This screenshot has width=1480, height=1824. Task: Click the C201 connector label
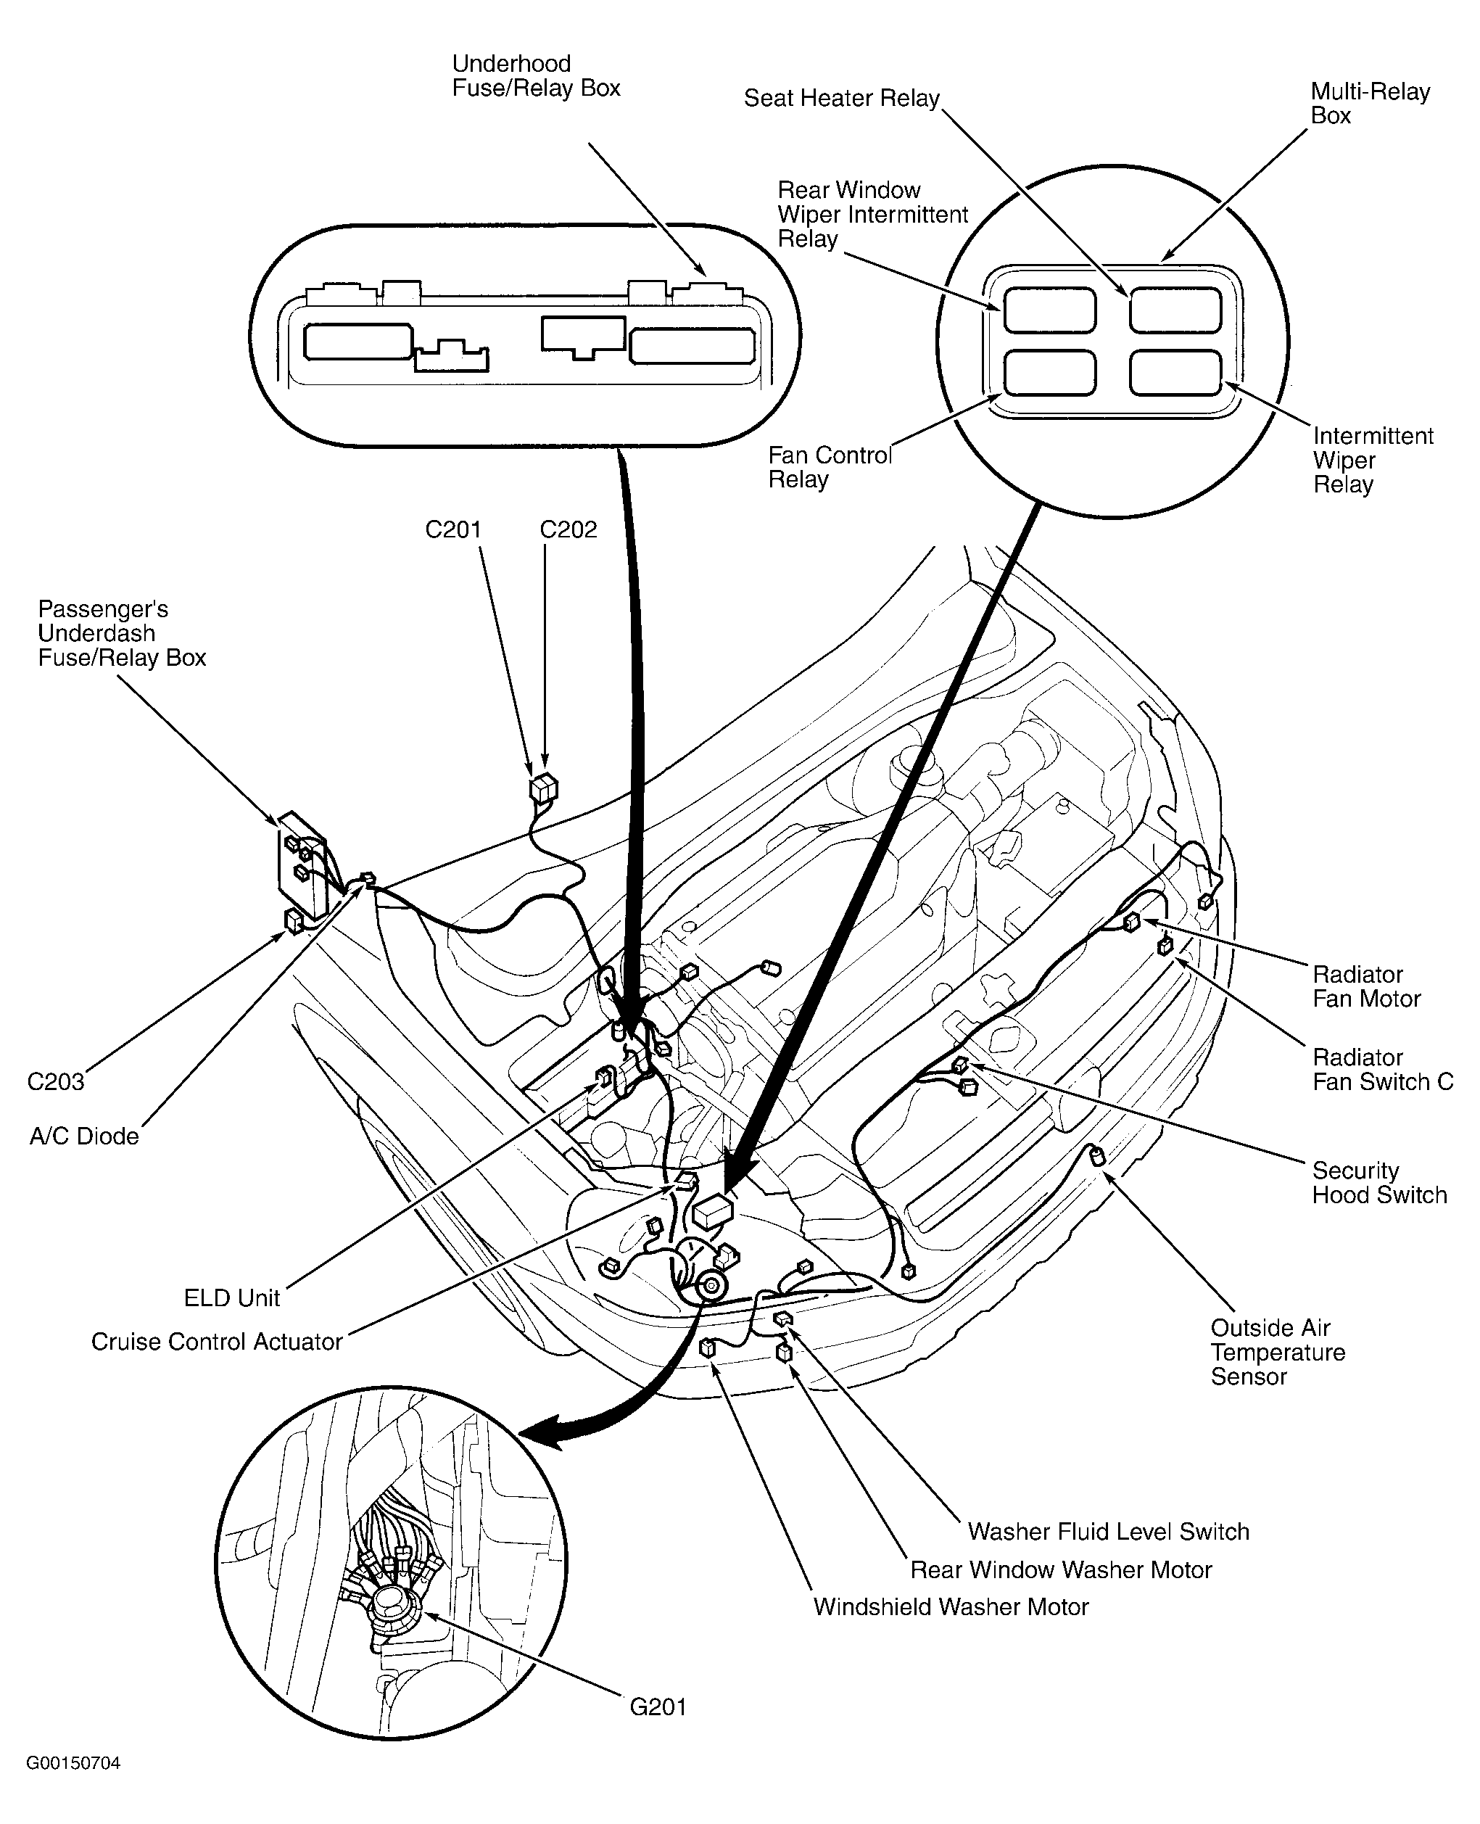(x=452, y=529)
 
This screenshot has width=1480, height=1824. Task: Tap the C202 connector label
(x=568, y=529)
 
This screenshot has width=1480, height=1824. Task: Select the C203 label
(x=55, y=1082)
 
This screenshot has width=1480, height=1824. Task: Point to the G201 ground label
(x=657, y=1707)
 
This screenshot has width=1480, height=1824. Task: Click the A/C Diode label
(x=83, y=1136)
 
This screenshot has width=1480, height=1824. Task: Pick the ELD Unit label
(x=232, y=1298)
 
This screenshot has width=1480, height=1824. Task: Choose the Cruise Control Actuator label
(x=217, y=1342)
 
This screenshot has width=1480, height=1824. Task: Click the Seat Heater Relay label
(x=840, y=98)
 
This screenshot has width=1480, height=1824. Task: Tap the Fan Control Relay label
(x=829, y=467)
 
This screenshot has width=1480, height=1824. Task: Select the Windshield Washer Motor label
(x=951, y=1606)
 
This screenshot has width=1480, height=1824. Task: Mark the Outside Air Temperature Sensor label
(x=1277, y=1352)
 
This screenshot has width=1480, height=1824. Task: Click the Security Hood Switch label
(x=1378, y=1183)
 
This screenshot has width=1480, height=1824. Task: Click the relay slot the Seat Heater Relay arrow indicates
(x=1175, y=310)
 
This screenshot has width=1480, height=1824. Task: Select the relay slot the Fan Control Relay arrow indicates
(x=1049, y=374)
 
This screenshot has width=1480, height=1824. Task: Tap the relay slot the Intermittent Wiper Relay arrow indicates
(x=1175, y=374)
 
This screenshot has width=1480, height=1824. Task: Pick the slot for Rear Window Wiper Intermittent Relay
(x=1049, y=310)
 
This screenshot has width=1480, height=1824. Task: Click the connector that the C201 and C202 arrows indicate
(x=543, y=789)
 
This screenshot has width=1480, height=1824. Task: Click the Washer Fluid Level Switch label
(x=1107, y=1532)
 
